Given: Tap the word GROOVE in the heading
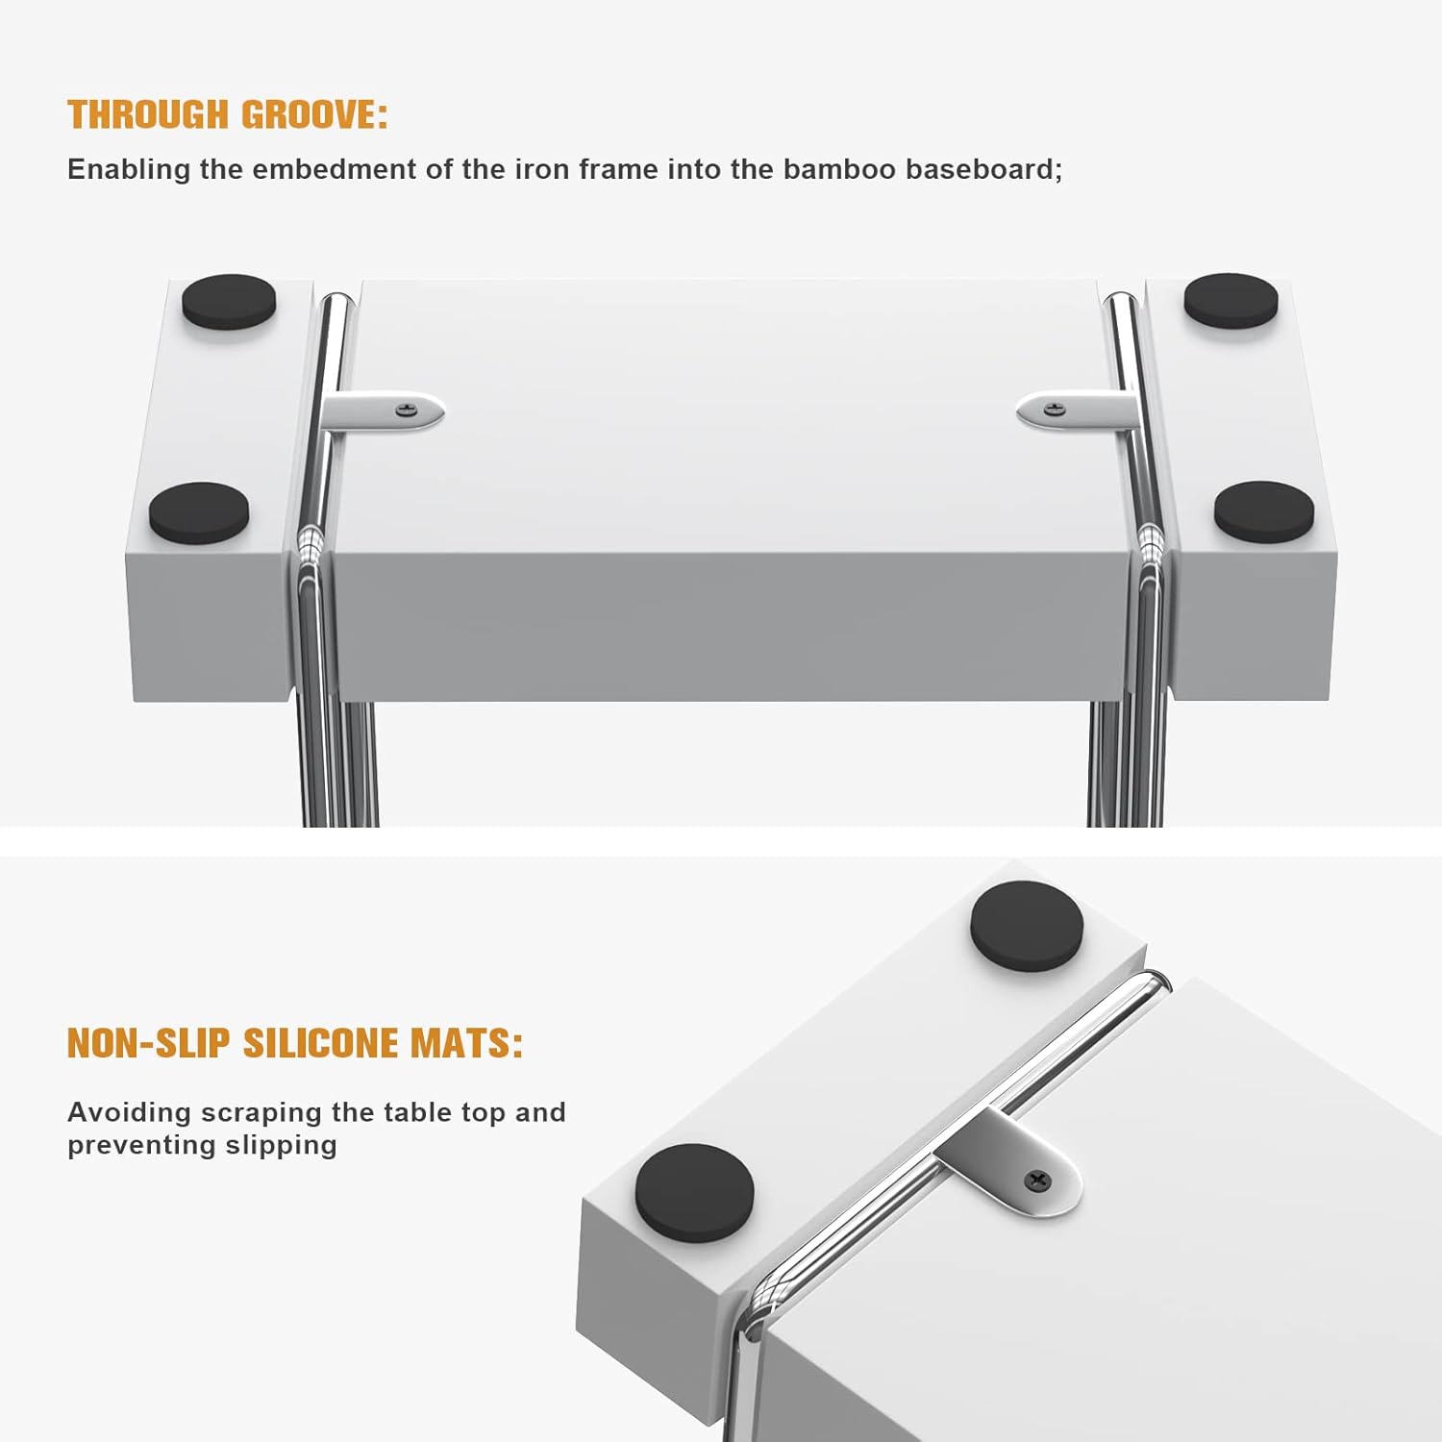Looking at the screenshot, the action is point(313,114).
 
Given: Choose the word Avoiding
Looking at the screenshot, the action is point(130,1112).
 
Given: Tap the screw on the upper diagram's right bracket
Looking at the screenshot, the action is point(1055,410).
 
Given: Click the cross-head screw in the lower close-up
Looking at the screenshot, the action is point(1038,1180).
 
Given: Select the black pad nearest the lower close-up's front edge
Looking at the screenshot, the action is point(695,1189).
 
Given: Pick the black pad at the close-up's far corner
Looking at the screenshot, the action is point(1027,927).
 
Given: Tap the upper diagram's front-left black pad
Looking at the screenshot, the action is point(199,512).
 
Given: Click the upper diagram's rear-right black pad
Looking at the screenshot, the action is point(1231,300).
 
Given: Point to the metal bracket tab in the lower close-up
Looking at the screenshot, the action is point(1014,1163).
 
